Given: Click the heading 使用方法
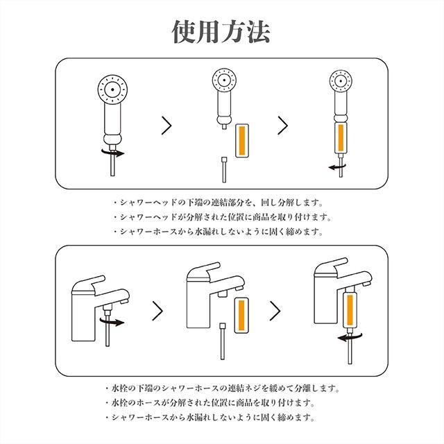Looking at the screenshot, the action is click(x=221, y=31).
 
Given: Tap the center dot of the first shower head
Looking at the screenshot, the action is click(x=112, y=89).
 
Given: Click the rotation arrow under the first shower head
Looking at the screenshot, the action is click(x=113, y=153).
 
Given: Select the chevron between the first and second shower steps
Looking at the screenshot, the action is click(x=166, y=125).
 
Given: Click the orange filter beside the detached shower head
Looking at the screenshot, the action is click(x=242, y=141).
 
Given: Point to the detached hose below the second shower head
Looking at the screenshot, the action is click(x=224, y=170).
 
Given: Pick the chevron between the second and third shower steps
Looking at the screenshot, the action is click(x=282, y=125).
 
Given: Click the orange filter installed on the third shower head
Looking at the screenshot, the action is click(x=341, y=137).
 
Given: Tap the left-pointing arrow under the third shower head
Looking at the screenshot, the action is click(x=338, y=167).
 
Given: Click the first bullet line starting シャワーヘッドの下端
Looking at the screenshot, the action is click(x=218, y=203).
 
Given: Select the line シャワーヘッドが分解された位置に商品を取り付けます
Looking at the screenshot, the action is click(x=222, y=217).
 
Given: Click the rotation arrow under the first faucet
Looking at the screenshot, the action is click(x=112, y=322).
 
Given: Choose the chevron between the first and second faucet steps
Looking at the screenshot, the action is click(x=157, y=311).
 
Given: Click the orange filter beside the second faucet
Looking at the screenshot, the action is click(x=241, y=315).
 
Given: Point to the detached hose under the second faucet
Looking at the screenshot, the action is click(x=223, y=341).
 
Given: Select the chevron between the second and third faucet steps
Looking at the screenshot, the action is click(x=275, y=311).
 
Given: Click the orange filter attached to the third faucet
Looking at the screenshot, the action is click(x=350, y=309).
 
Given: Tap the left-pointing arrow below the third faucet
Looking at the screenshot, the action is click(x=350, y=337).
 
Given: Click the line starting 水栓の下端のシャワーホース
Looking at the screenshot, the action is click(x=222, y=388).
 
